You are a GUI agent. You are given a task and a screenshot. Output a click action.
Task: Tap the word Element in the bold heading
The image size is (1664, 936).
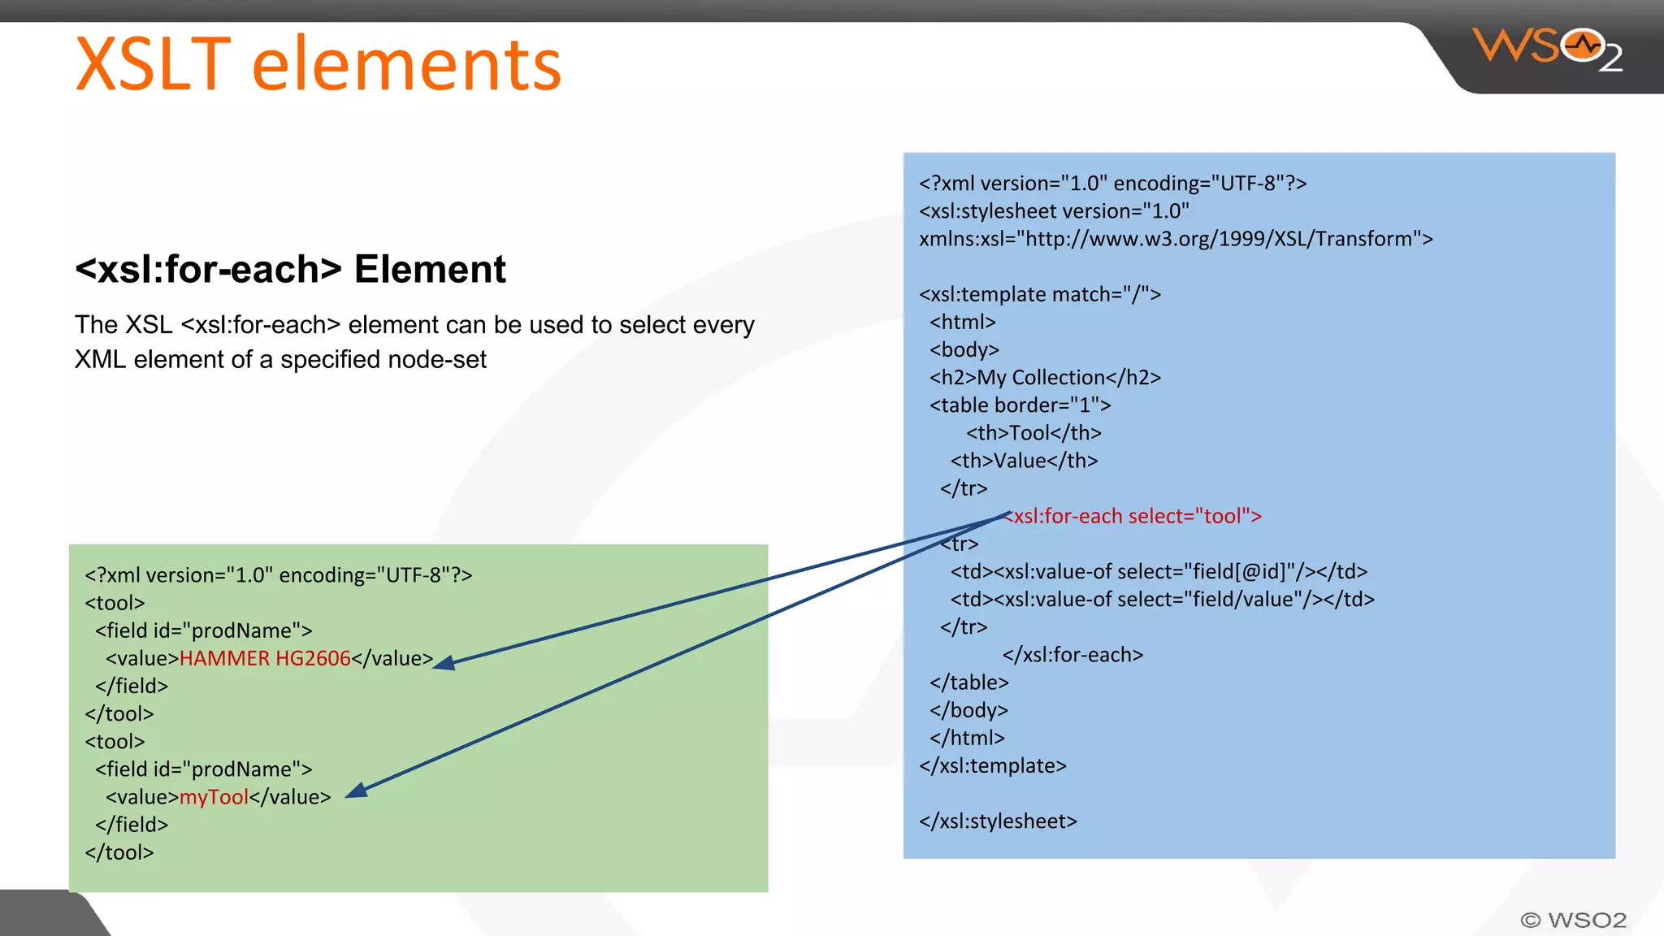click(430, 270)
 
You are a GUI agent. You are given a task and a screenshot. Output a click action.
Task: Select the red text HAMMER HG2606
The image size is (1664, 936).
click(265, 658)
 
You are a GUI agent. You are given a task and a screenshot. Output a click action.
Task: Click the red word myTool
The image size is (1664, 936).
click(214, 797)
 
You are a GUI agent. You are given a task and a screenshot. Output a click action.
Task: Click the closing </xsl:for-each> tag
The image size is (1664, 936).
click(1072, 655)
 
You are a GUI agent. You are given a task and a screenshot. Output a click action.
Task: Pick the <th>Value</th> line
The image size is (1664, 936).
click(1024, 461)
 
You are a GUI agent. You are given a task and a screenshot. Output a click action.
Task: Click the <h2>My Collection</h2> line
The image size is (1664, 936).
click(1045, 378)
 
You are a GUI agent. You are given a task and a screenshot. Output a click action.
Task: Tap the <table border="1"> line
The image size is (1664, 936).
click(1020, 405)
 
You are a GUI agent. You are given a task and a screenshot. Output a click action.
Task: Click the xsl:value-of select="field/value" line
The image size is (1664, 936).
click(1162, 600)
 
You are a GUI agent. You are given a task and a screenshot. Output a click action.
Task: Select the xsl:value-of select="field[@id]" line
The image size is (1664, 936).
click(1159, 572)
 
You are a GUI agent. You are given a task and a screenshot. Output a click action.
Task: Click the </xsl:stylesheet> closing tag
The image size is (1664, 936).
click(998, 821)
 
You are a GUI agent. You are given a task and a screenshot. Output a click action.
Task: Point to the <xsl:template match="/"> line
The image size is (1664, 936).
click(1039, 294)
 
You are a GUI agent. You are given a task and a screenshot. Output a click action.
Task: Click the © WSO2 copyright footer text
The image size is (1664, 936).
click(1573, 920)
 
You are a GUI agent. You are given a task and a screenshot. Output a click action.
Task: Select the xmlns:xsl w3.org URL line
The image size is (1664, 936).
click(1175, 239)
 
